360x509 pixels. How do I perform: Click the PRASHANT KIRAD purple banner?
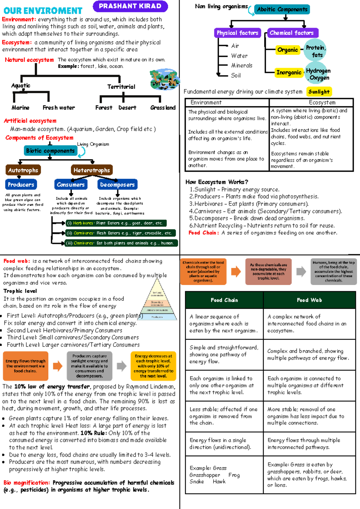pos(130,6)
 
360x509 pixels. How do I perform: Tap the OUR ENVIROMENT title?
pos(43,11)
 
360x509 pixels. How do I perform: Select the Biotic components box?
pos(50,151)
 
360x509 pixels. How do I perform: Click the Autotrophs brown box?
pos(23,170)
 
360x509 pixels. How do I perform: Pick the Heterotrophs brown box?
pos(91,170)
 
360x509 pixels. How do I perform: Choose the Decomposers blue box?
pos(117,185)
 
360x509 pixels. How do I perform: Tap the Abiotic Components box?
pos(282,10)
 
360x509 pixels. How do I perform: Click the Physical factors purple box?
pos(237,33)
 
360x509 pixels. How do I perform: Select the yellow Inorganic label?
pos(289,73)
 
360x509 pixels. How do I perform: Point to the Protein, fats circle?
pos(315,51)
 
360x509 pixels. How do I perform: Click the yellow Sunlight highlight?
pos(319,92)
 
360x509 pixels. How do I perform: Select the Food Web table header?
pos(309,300)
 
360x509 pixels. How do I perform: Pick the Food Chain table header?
pos(224,300)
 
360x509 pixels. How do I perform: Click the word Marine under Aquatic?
pos(20,108)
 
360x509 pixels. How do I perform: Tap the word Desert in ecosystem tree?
pos(127,108)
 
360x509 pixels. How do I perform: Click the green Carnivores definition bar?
pos(120,233)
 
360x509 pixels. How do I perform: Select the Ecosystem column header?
pos(322,103)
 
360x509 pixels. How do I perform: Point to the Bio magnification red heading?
pos(27,483)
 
